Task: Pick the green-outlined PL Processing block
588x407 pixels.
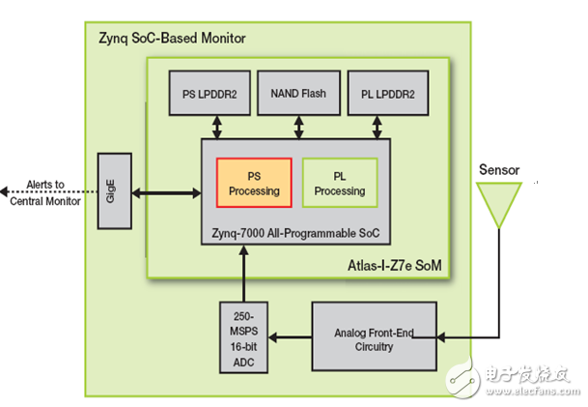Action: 339,184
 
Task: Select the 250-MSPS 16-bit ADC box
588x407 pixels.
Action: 243,339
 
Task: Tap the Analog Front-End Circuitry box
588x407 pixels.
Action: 374,338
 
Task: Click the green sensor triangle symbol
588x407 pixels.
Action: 499,204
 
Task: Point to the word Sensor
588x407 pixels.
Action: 499,170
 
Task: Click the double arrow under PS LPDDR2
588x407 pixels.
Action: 220,126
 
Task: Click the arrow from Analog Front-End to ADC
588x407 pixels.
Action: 290,338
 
